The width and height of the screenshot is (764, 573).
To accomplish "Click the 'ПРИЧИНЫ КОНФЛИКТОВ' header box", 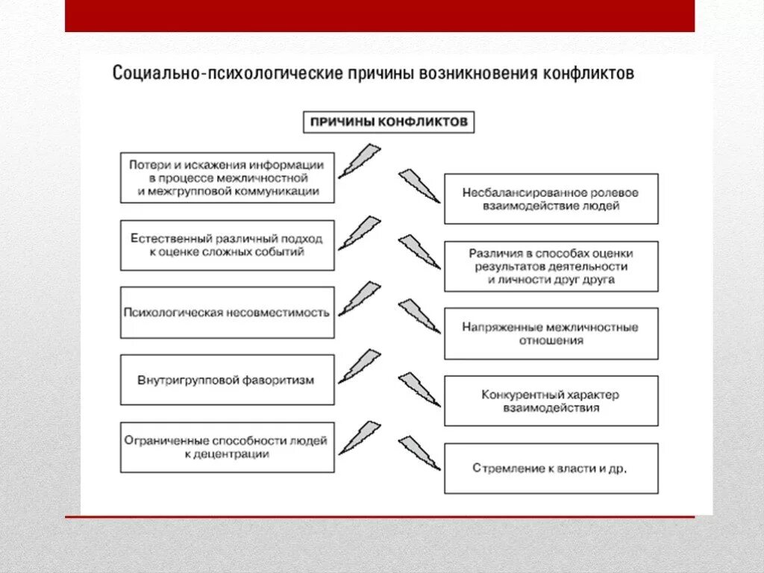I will tap(389, 122).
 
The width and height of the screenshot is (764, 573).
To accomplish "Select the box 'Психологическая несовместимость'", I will tap(227, 313).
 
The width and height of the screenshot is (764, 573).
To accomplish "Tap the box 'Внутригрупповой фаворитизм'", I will tap(227, 380).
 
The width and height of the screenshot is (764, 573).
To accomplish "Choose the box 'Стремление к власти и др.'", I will tap(551, 469).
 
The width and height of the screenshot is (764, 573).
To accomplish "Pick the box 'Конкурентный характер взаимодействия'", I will tap(551, 401).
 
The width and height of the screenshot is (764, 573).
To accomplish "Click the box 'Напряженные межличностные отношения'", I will tap(551, 334).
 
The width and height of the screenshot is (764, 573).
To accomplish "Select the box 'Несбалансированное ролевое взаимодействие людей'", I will tap(551, 198).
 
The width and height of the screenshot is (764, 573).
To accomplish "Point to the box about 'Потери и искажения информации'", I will tap(227, 178).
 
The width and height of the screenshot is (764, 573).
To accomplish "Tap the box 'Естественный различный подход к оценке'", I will tap(227, 245).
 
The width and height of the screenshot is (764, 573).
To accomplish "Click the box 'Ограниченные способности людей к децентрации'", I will tap(227, 447).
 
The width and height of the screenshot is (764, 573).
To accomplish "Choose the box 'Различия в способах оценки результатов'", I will tap(551, 266).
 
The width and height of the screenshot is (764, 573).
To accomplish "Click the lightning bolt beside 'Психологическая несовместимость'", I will tap(359, 298).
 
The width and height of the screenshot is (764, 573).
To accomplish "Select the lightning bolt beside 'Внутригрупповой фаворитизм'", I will tap(359, 366).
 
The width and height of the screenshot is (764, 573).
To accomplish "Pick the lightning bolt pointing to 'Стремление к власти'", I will tap(419, 453).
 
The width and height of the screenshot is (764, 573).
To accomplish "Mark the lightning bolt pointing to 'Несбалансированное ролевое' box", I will tap(419, 185).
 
